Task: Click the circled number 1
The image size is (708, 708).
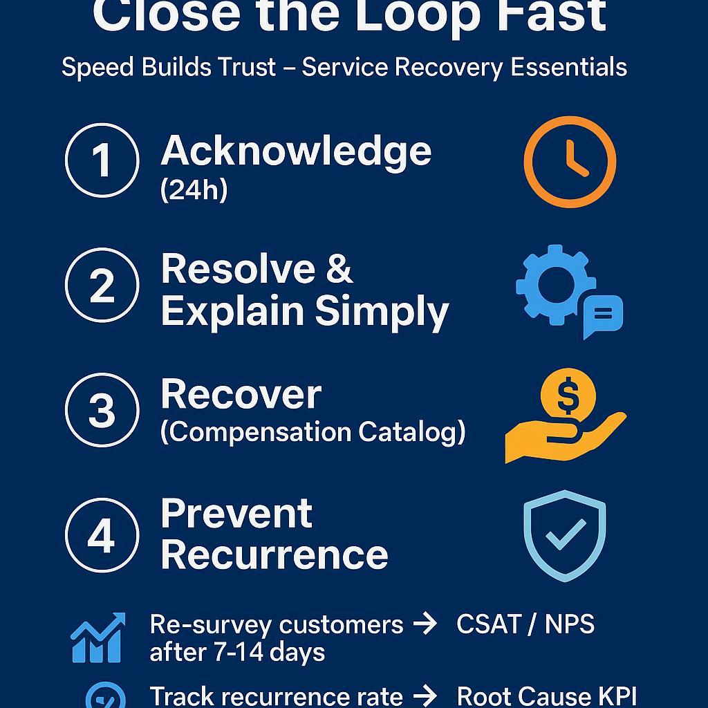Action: (x=102, y=160)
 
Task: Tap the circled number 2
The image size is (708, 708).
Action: (x=102, y=285)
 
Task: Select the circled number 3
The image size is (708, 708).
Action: (x=102, y=410)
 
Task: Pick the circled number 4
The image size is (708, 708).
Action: (x=102, y=534)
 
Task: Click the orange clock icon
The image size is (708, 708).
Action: (x=570, y=162)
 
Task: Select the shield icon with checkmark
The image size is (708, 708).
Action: (x=565, y=536)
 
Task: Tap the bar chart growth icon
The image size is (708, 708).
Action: (x=98, y=637)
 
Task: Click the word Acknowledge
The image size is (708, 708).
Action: (x=296, y=151)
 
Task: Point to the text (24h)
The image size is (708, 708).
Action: (x=194, y=190)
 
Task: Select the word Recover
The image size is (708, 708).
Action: (x=241, y=394)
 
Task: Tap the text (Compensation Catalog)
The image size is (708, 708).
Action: (x=313, y=432)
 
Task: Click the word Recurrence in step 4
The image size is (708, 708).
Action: (x=274, y=555)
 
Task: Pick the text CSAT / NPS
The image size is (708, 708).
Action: (x=525, y=624)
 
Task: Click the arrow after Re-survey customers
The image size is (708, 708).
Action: (x=424, y=624)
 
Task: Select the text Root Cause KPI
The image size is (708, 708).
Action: (x=546, y=696)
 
